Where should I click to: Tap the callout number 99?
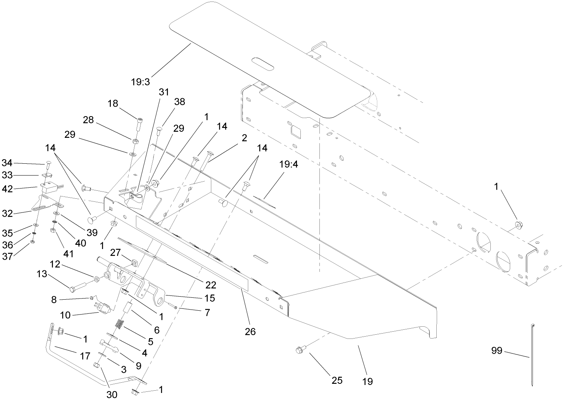[497, 351]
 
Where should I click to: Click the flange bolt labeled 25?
[300, 349]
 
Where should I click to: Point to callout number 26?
[250, 331]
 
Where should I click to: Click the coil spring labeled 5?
[120, 325]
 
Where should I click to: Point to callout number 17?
[85, 356]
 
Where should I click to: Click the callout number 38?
[179, 102]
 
